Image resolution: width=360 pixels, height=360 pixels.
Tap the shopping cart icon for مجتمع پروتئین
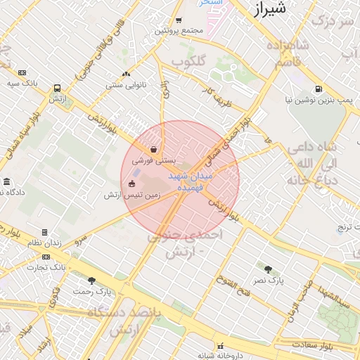[x=179, y=20]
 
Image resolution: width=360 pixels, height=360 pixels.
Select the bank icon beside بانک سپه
[x=22, y=72]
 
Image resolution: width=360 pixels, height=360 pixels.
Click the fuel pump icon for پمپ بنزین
[x=319, y=89]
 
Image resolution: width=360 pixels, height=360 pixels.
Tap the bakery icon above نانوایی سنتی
[x=126, y=74]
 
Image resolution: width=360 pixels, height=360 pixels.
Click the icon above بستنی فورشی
[x=153, y=149]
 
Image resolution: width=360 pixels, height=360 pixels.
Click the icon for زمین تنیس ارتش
[x=131, y=184]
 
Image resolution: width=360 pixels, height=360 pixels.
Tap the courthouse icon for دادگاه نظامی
[x=6, y=182]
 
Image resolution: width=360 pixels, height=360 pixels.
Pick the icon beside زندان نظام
[x=44, y=232]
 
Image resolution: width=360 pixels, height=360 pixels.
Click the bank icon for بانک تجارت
[x=46, y=257]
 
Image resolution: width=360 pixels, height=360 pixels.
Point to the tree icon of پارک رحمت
[x=91, y=281]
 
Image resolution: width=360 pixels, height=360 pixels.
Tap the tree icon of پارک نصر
[x=268, y=269]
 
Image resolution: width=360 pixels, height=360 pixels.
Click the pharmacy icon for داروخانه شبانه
[x=221, y=346]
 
